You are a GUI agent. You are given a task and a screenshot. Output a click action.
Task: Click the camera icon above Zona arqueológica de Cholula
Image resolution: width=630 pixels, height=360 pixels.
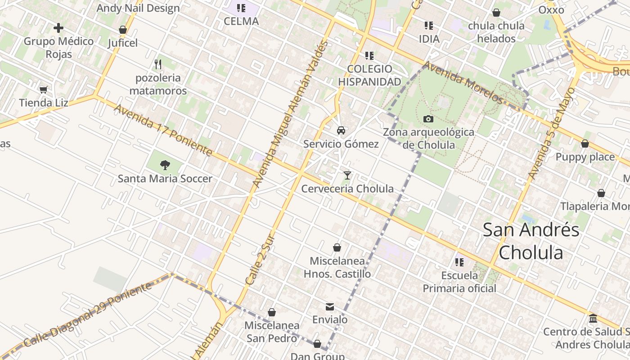tap(428, 119)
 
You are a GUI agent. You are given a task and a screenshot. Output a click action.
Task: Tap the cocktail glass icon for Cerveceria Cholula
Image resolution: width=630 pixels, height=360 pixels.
tap(347, 175)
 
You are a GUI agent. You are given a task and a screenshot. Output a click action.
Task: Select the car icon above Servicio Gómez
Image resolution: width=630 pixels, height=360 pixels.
tap(341, 130)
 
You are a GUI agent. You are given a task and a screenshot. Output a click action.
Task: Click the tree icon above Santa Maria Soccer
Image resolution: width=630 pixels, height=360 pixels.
tap(165, 165)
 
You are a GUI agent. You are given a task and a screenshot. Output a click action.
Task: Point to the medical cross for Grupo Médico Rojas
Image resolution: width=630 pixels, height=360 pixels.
tap(58, 28)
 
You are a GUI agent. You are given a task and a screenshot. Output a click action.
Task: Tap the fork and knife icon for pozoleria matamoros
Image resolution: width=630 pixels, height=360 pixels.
tap(158, 64)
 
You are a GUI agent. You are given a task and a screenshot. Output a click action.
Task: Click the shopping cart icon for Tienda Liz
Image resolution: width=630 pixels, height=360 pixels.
tap(44, 90)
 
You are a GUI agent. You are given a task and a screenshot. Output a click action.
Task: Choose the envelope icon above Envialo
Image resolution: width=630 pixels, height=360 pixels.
tap(330, 306)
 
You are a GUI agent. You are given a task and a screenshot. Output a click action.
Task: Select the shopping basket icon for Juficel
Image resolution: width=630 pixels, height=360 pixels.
tap(122, 30)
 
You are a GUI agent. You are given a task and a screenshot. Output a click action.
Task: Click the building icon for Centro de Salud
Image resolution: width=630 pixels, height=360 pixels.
tap(593, 319)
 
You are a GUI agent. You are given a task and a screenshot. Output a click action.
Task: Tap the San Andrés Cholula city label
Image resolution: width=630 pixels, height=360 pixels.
tap(531, 241)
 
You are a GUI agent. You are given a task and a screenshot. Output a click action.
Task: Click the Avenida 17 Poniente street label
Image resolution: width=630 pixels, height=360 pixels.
tap(163, 130)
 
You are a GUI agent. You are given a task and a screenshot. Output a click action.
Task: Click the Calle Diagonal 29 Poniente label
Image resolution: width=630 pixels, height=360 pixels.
tap(88, 315)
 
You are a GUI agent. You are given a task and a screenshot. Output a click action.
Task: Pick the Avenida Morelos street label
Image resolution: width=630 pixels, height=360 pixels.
tap(462, 82)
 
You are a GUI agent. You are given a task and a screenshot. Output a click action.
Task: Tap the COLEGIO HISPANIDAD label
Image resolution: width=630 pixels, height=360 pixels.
tap(369, 75)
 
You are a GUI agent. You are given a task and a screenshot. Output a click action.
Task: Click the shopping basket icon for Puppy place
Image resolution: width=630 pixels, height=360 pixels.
tap(585, 144)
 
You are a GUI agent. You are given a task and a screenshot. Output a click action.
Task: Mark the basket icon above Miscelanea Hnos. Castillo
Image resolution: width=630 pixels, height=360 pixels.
tap(337, 247)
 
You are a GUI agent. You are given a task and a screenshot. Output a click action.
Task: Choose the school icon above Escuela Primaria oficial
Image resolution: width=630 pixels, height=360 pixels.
tap(459, 262)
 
